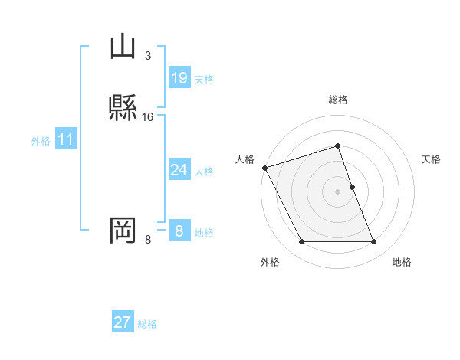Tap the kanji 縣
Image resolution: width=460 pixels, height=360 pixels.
pos(123,106)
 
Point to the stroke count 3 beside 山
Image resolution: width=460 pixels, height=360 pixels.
pos(147,55)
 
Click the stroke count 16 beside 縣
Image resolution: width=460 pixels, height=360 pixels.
pos(148,116)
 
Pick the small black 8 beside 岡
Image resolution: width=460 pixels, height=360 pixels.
pos(147,240)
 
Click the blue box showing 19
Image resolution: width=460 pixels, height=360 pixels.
pos(179,78)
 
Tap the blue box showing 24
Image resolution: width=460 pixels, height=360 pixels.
pos(179,170)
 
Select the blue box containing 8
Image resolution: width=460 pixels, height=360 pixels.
pos(179,231)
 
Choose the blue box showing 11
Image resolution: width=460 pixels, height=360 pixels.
pos(66,140)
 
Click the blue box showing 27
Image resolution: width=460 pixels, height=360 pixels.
pos(123,322)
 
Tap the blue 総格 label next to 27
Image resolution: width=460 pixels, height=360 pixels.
pos(147,324)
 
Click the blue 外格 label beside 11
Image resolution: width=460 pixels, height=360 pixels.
pos(41,141)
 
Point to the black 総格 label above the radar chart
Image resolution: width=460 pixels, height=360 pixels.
pos(338,100)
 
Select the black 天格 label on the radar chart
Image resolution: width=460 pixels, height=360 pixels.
pos(432,159)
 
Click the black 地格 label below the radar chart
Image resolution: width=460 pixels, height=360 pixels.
pos(402,262)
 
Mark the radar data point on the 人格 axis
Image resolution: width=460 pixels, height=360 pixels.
pos(264,168)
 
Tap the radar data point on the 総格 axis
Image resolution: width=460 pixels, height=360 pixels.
pos(338,146)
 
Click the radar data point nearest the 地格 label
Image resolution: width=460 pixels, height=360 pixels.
pos(374,242)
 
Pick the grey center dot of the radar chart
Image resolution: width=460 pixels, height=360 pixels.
pos(338,191)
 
